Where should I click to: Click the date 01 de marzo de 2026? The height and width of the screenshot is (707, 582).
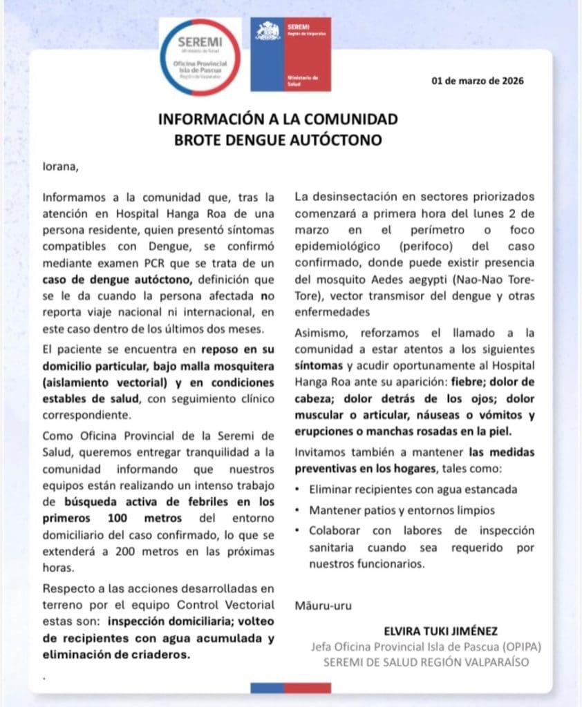[x=478, y=81]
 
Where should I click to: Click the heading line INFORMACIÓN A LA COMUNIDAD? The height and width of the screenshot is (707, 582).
[x=279, y=119]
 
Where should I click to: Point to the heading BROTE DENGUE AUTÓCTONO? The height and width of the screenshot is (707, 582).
[x=279, y=140]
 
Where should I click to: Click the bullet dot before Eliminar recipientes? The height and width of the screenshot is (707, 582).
[x=297, y=490]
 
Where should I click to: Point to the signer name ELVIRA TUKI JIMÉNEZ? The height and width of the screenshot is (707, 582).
[x=440, y=631]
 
